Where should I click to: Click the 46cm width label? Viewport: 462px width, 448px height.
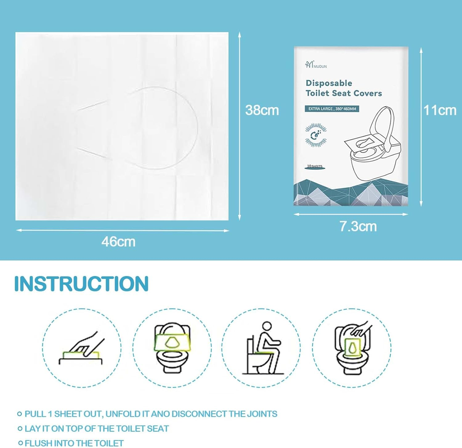click(x=118, y=242)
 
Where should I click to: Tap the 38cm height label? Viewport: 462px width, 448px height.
click(x=262, y=110)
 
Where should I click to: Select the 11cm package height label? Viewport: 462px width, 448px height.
click(x=440, y=110)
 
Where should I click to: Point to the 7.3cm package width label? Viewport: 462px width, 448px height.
click(x=358, y=226)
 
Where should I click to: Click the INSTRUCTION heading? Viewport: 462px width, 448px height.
click(x=82, y=283)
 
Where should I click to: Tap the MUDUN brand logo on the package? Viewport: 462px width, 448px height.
click(x=316, y=65)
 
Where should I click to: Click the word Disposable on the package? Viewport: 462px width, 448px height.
click(x=329, y=83)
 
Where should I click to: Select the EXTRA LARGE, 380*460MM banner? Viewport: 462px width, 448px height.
click(x=332, y=109)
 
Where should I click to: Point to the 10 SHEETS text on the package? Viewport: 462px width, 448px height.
click(x=314, y=166)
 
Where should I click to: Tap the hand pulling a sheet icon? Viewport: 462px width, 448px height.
click(x=82, y=348)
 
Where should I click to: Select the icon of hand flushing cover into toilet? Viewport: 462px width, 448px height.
click(x=352, y=348)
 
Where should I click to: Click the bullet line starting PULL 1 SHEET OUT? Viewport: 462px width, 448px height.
click(x=151, y=414)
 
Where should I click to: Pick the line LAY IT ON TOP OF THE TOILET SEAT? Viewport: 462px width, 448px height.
click(x=96, y=428)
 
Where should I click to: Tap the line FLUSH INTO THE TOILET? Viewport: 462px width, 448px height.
click(x=74, y=443)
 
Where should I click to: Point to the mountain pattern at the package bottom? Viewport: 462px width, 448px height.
click(x=351, y=194)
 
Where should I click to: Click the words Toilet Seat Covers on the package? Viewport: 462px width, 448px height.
click(x=343, y=93)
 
